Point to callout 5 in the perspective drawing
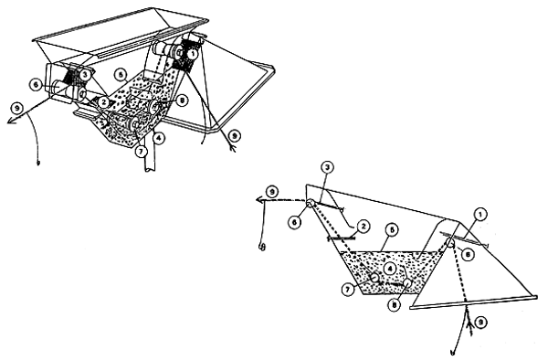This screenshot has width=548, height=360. point(120,73)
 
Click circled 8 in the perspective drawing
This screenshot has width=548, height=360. point(183,101)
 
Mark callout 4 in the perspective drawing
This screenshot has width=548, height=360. point(161,139)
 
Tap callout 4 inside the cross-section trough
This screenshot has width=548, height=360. point(390,269)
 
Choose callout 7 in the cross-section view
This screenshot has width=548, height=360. point(347,290)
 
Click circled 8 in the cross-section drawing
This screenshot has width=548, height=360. point(393,306)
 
